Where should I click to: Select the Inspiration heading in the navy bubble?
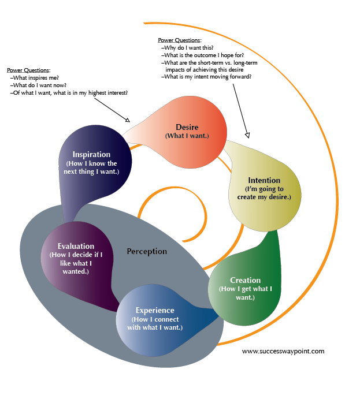[x=92, y=154]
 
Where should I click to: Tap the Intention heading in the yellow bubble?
[x=264, y=180]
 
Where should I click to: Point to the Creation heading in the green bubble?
[x=246, y=281]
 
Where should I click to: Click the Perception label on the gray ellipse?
[x=147, y=251]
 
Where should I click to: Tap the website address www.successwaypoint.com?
[x=283, y=351]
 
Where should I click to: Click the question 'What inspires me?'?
[x=36, y=77]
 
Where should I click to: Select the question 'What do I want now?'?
[x=39, y=85]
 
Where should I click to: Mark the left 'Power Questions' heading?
[x=28, y=69]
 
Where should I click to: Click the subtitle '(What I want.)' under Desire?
[x=187, y=136]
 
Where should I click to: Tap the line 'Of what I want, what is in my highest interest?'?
[x=70, y=92]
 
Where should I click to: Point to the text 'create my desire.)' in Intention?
[x=265, y=197]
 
